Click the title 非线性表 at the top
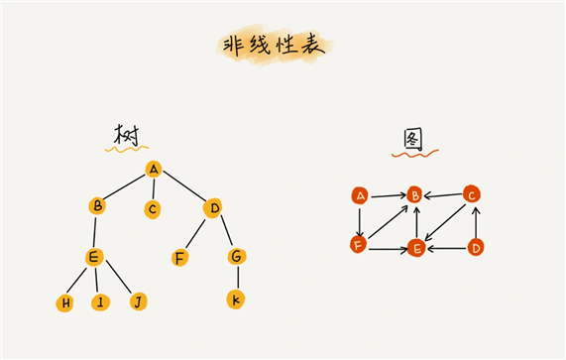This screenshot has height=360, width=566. (x=276, y=46)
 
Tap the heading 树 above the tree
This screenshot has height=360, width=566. (x=126, y=135)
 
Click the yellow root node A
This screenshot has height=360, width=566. (x=153, y=169)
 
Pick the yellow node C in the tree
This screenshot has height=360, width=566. (x=152, y=209)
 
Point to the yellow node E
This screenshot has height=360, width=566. (x=94, y=258)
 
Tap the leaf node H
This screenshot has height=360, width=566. (x=65, y=301)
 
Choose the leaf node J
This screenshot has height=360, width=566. (x=138, y=300)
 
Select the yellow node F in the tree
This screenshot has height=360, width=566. (x=179, y=258)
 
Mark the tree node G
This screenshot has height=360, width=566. (x=236, y=257)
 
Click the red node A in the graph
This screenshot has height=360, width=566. (x=360, y=195)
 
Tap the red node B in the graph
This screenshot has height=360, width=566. (x=415, y=195)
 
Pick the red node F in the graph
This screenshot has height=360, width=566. (x=359, y=243)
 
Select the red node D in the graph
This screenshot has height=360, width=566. (x=476, y=246)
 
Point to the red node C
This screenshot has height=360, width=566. (x=473, y=193)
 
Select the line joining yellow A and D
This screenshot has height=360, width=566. (x=182, y=188)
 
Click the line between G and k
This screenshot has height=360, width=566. (x=236, y=278)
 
